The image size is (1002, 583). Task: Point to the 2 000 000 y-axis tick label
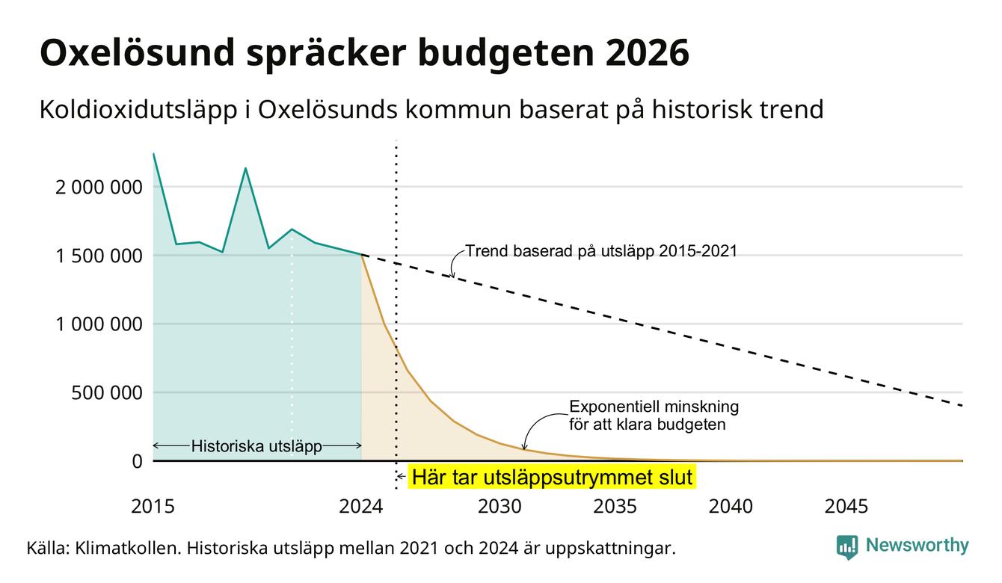tap(99, 188)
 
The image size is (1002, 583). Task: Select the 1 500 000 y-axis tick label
tap(99, 256)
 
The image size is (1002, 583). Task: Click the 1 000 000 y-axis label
tap(99, 324)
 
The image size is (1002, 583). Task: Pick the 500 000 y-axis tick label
tap(107, 393)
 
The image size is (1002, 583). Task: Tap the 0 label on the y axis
tap(138, 461)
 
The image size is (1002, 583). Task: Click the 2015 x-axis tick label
tap(153, 506)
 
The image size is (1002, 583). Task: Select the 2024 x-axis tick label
tap(361, 506)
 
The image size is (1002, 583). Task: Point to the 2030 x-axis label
tap(500, 506)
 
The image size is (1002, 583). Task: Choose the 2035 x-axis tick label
tap(615, 506)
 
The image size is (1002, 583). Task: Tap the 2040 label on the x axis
tap(731, 506)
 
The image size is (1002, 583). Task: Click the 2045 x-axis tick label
tap(846, 506)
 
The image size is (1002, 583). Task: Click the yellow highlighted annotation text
tap(552, 477)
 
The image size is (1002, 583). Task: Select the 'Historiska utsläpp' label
tap(256, 446)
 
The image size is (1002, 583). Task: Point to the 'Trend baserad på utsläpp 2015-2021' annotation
tap(601, 251)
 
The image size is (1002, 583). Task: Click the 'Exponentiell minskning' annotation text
tap(654, 407)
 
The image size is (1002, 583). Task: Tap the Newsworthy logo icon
tap(847, 547)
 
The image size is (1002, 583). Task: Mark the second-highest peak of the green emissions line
tap(245, 168)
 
